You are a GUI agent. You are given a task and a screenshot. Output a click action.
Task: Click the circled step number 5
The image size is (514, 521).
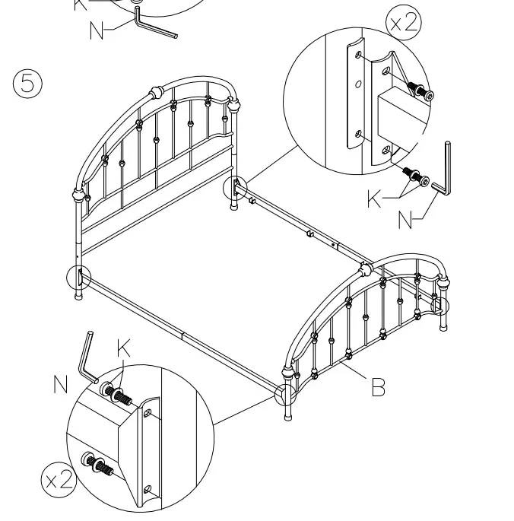point(28,83)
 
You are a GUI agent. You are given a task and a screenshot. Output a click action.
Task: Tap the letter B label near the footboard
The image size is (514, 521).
point(378,388)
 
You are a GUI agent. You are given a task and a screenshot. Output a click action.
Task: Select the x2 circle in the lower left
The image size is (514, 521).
point(58,479)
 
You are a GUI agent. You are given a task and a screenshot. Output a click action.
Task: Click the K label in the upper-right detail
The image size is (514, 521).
point(375,199)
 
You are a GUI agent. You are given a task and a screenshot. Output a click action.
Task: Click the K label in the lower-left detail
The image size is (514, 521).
point(124,348)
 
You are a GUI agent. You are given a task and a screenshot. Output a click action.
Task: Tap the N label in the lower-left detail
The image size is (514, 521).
point(61,385)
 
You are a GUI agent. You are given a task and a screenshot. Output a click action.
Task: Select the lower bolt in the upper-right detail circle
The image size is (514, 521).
point(412,173)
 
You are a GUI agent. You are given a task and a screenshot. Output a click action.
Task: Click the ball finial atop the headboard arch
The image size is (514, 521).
point(157,93)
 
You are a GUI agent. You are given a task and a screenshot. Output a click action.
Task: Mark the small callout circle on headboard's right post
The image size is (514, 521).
point(234,187)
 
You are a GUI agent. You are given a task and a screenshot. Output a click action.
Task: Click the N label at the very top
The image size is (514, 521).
point(97,30)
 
